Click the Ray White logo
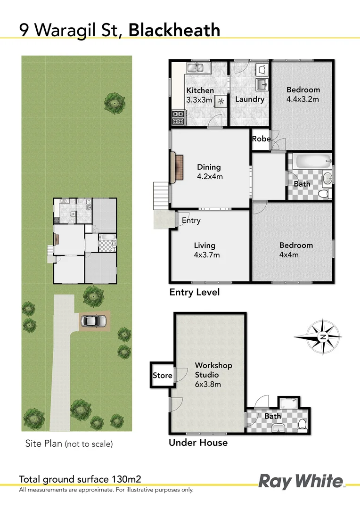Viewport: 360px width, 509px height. click(302, 482)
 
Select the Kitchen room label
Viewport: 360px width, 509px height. click(200, 90)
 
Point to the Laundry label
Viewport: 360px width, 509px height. click(250, 99)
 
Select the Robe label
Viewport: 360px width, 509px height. click(261, 139)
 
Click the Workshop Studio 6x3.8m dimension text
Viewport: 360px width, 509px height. click(208, 384)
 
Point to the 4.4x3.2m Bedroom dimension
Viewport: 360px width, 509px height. click(303, 99)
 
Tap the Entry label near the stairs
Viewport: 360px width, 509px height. click(191, 221)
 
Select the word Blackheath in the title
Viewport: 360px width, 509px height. click(174, 30)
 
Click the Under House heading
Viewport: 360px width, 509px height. click(198, 443)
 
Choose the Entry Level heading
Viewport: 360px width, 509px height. click(194, 292)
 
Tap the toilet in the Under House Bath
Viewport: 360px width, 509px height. click(302, 425)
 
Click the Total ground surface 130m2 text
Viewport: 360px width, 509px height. click(80, 480)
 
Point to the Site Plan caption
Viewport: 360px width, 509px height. click(69, 443)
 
